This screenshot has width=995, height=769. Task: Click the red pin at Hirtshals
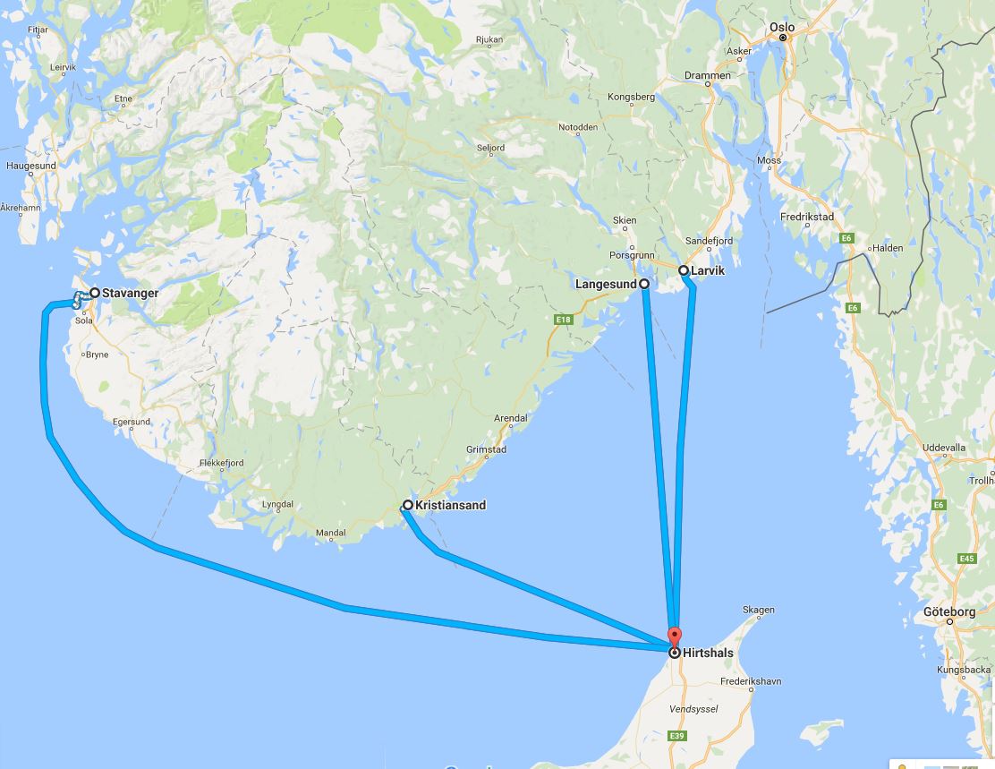click(x=674, y=638)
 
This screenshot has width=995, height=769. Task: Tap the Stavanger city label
click(x=130, y=293)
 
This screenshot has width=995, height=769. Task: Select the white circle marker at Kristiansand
click(x=407, y=505)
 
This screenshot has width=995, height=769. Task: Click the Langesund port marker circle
click(x=644, y=283)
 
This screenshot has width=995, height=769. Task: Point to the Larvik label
click(x=708, y=269)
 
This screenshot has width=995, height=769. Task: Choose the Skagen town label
click(x=759, y=611)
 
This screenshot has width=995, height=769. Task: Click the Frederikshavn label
click(x=751, y=681)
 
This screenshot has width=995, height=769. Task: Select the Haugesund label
click(x=30, y=167)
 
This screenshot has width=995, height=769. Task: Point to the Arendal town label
click(x=511, y=418)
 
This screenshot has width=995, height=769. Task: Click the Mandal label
click(x=331, y=534)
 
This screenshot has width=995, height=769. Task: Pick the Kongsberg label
click(x=632, y=97)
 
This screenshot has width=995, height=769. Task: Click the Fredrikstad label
click(x=808, y=218)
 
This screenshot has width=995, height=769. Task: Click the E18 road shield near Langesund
click(x=562, y=320)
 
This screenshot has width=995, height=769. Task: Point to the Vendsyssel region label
click(x=693, y=709)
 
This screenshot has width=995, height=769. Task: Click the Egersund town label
click(x=132, y=421)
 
